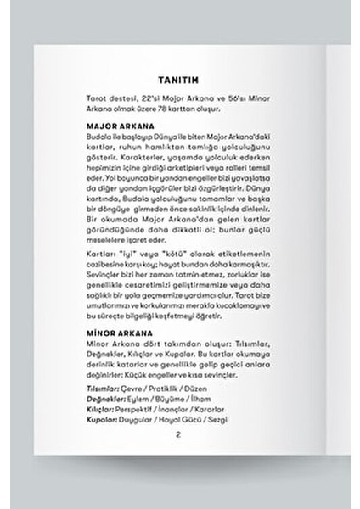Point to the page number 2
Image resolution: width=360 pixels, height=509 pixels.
pos(178,434)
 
